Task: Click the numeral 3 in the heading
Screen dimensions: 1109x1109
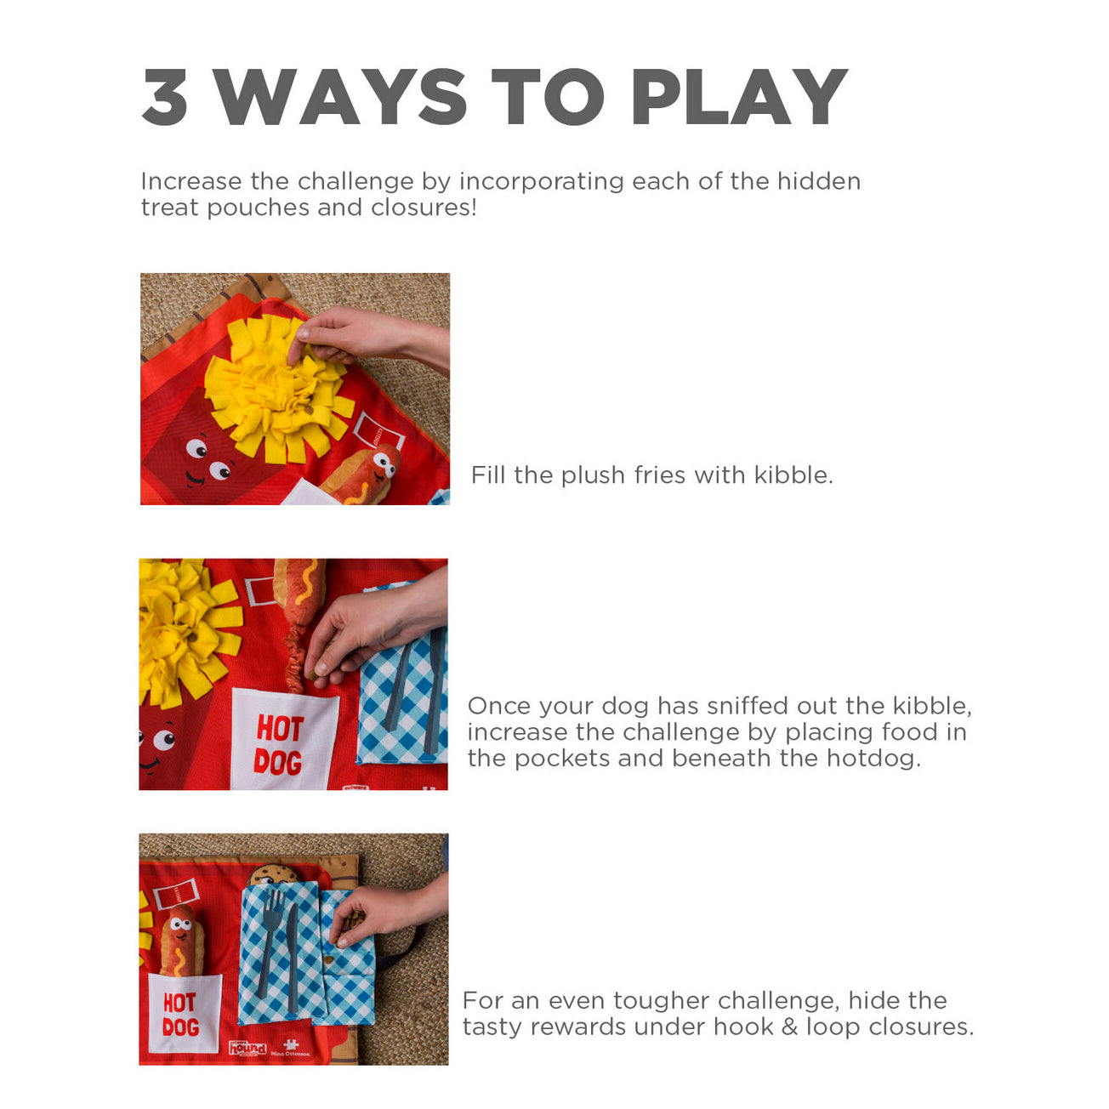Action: pos(165,96)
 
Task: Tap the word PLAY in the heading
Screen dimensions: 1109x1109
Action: pos(739,96)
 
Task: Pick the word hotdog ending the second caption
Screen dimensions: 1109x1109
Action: pos(873,759)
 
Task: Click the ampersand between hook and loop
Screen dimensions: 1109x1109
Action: pos(790,1027)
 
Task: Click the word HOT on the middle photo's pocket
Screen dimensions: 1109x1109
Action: pos(281,729)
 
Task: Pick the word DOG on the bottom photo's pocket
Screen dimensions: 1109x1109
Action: pos(180,1027)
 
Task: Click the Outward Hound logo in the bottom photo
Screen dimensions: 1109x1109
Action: pos(248,1048)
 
